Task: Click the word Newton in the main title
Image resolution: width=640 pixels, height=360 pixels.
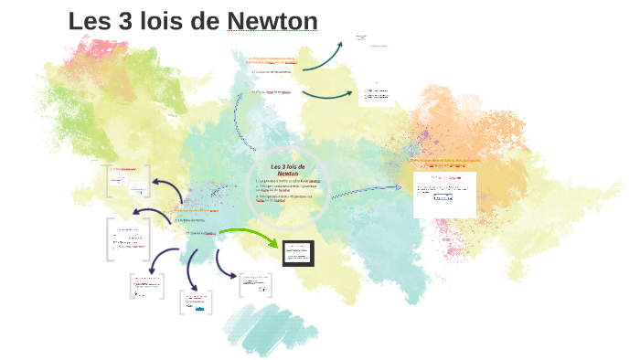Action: pos(272,21)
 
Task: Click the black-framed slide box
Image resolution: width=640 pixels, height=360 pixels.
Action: pos(298,253)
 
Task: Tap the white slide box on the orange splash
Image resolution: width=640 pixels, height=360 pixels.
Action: pos(444,195)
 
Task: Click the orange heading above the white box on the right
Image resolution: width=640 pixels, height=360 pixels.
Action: pos(444,162)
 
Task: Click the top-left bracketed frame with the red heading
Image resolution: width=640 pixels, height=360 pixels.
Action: pos(128,181)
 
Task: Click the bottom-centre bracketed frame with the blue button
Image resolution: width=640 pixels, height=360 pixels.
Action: pos(196,304)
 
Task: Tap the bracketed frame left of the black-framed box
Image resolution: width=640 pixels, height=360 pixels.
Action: pos(254,285)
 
